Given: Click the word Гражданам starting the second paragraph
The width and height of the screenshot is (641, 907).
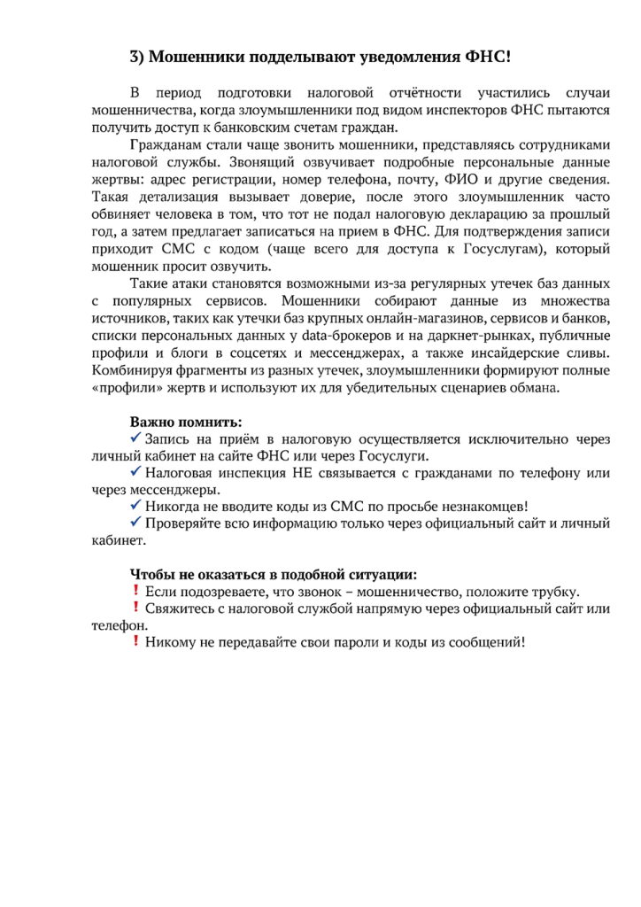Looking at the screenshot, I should coord(165,144).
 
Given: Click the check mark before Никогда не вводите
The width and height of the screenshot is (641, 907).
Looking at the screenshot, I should coord(136,507).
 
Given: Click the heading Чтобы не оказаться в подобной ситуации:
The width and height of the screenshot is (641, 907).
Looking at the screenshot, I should coord(274,574).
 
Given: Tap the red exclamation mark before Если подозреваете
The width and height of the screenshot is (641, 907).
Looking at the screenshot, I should coord(136,591).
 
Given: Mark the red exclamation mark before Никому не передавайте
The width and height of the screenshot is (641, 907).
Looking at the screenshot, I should coord(136,642).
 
